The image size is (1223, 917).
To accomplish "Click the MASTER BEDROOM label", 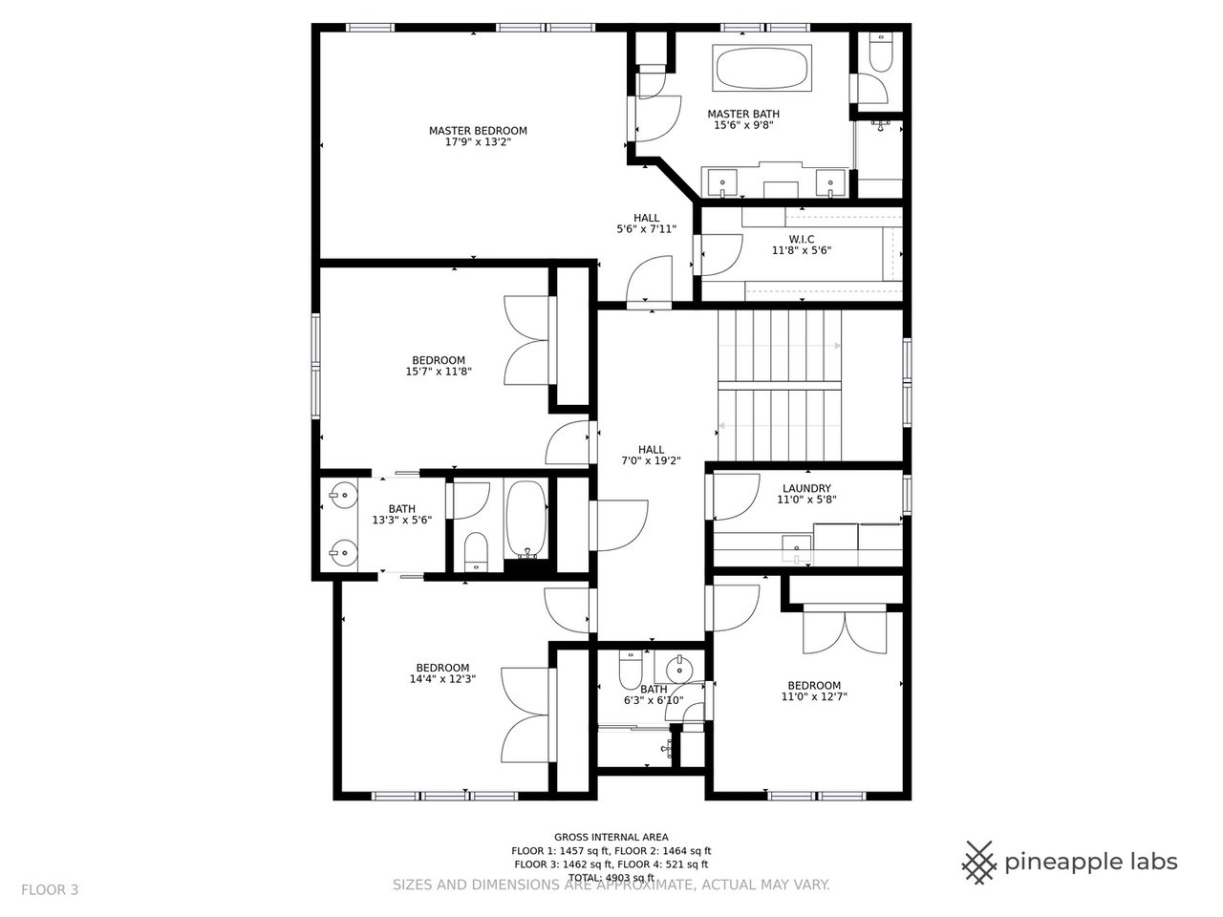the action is [478, 131].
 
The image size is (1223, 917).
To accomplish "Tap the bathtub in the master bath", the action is [762, 69].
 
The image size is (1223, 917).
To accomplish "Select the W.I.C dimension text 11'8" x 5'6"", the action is [802, 250].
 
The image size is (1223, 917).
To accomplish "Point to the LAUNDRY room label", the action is [806, 488].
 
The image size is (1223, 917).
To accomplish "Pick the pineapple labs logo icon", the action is [979, 863].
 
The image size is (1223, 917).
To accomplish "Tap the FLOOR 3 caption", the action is [50, 890].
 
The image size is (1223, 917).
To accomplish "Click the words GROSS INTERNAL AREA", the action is [611, 837].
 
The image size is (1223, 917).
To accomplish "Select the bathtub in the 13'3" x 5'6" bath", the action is [526, 519].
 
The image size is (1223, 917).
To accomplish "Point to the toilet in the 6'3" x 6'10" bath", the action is [631, 670].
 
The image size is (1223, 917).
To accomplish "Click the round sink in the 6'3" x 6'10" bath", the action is [678, 668].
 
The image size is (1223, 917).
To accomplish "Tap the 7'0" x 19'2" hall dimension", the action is [651, 461].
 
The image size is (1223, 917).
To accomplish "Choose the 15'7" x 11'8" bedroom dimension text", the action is [439, 372].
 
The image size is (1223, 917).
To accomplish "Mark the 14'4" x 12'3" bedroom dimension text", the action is [442, 679].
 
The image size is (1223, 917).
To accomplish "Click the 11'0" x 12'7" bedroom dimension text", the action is [814, 696].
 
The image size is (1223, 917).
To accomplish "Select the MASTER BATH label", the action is [743, 114].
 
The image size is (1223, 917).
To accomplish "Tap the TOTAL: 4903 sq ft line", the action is [611, 878].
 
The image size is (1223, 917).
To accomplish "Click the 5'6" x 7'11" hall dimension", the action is [646, 229].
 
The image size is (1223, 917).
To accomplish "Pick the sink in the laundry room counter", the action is [797, 546].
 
